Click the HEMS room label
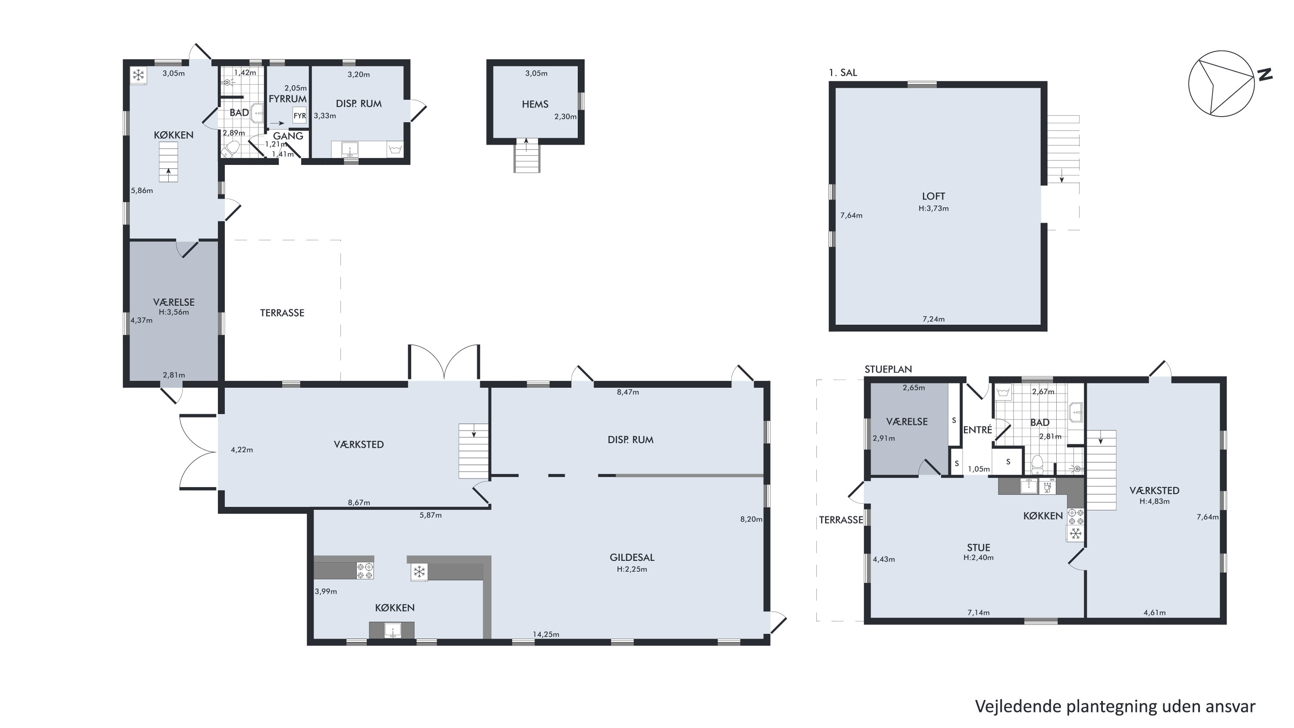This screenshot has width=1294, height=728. [535, 104]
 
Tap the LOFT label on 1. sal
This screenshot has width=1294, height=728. [933, 196]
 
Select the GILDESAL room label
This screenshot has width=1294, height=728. [632, 557]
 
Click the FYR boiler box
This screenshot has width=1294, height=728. [299, 116]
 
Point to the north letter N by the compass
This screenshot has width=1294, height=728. [1265, 74]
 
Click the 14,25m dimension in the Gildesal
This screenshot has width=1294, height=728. [546, 634]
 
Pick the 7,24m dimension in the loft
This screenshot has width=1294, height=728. [933, 318]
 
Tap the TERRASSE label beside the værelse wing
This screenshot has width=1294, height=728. [282, 313]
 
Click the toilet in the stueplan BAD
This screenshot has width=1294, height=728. [1037, 465]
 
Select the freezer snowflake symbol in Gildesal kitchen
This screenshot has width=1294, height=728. [419, 572]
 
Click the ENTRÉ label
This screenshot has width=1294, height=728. [978, 430]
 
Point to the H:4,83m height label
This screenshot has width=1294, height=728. [1154, 501]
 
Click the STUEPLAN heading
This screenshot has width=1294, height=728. [888, 369]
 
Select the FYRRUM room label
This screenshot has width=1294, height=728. [287, 99]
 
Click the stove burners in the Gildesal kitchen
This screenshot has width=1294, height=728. [365, 571]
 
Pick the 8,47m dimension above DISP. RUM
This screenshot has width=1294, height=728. [628, 392]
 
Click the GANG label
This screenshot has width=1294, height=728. [288, 136]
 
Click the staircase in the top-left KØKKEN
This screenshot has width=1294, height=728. [168, 162]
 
